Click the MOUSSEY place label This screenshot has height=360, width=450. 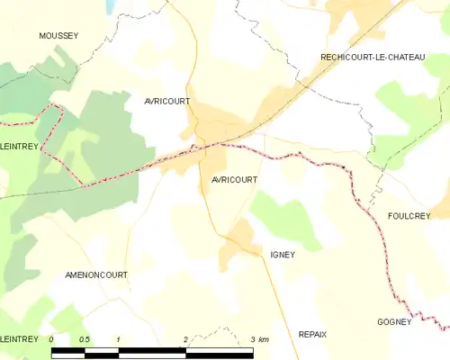click(x=58, y=36)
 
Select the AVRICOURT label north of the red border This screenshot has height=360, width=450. click(x=166, y=102)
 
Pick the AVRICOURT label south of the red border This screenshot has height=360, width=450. click(x=234, y=180)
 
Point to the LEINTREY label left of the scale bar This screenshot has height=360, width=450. click(x=19, y=338)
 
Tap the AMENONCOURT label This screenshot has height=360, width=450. click(x=96, y=274)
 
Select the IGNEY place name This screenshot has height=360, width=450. click(x=283, y=255)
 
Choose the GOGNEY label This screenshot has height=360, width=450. click(x=394, y=322)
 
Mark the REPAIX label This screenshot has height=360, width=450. click(x=312, y=334)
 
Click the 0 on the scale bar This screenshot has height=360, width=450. click(x=52, y=339)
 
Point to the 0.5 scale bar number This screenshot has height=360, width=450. click(x=85, y=339)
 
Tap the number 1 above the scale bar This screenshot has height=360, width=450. click(x=119, y=339)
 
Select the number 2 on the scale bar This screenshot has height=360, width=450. click(x=185, y=339)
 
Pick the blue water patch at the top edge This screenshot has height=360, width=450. click(x=110, y=5)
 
